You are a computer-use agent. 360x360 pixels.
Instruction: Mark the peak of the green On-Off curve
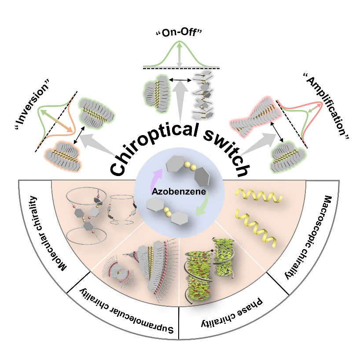pos(180,40)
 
